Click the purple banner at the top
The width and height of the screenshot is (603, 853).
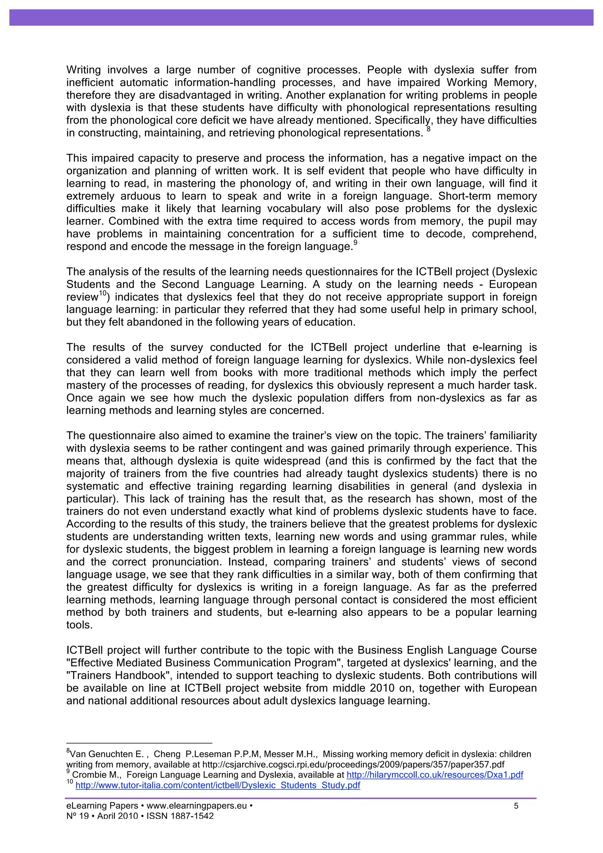301,17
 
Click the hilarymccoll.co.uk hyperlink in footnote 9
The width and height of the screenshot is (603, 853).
434,775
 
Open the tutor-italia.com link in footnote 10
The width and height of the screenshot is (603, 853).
218,785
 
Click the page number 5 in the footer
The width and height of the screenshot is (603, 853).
516,806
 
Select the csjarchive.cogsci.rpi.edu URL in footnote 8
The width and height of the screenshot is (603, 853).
353,765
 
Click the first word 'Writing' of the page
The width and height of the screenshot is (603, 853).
84,70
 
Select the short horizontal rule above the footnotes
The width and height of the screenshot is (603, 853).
139,743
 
